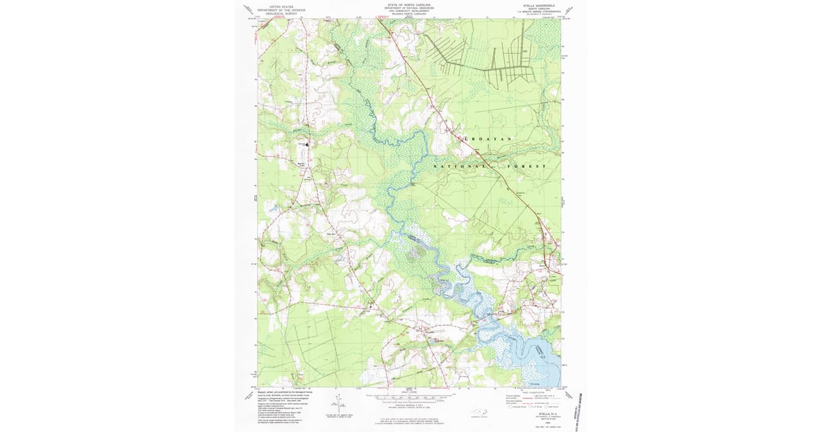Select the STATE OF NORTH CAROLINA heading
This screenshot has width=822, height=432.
(x=409, y=3)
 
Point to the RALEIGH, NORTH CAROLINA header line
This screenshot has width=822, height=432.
(x=409, y=14)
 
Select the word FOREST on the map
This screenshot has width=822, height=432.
(x=527, y=167)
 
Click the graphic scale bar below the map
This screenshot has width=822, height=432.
(x=409, y=397)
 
